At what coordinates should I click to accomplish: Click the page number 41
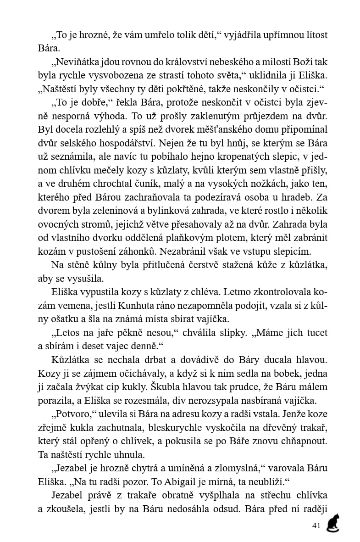click(x=316, y=526)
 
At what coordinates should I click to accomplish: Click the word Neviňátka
click(x=75, y=62)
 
